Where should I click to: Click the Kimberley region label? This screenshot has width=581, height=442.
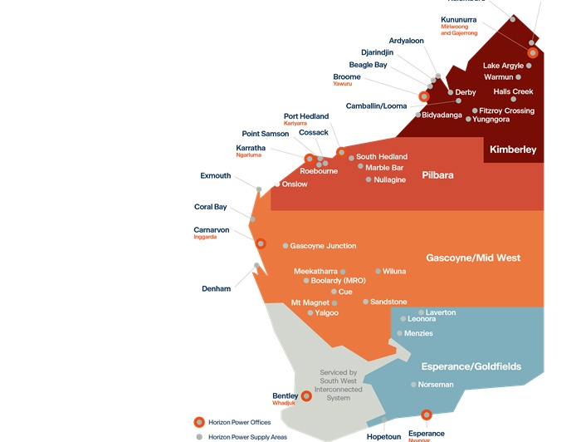pyautogui.click(x=513, y=150)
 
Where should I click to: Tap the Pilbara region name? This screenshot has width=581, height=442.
pyautogui.click(x=437, y=175)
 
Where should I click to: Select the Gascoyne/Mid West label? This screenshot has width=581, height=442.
pyautogui.click(x=473, y=258)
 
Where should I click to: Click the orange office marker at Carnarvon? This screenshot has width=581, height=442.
pyautogui.click(x=260, y=243)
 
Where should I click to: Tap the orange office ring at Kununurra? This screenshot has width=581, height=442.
pyautogui.click(x=533, y=52)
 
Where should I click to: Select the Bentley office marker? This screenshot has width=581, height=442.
pyautogui.click(x=306, y=396)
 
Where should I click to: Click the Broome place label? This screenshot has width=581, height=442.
pyautogui.click(x=347, y=76)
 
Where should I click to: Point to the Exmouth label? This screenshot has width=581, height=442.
pyautogui.click(x=216, y=176)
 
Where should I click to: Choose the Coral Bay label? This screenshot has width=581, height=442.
pyautogui.click(x=211, y=207)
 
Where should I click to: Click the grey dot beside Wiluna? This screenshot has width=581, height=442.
pyautogui.click(x=378, y=271)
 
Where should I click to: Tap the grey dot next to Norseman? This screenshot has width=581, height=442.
pyautogui.click(x=413, y=385)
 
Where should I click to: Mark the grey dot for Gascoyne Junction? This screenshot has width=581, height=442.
pyautogui.click(x=286, y=246)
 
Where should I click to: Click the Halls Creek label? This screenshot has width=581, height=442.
pyautogui.click(x=513, y=91)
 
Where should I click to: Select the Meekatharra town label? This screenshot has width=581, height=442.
pyautogui.click(x=315, y=271)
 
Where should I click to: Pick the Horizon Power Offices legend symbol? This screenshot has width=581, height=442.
pyautogui.click(x=198, y=422)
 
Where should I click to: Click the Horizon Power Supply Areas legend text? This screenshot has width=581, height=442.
pyautogui.click(x=247, y=436)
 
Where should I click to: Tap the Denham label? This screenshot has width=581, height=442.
pyautogui.click(x=216, y=288)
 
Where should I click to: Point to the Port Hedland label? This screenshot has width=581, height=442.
pyautogui.click(x=306, y=116)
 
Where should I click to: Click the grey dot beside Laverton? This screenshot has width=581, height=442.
pyautogui.click(x=421, y=312)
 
